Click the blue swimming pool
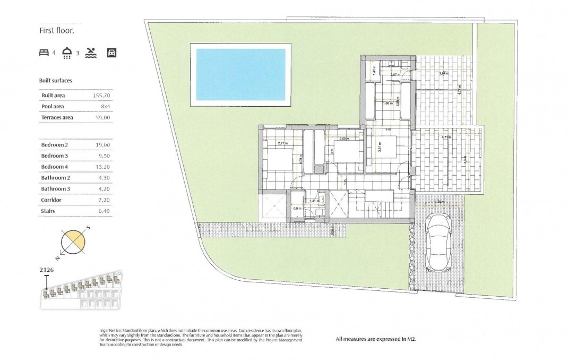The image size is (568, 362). click(x=240, y=74)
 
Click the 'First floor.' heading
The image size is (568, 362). click(x=57, y=31)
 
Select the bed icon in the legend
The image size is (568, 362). click(x=44, y=53)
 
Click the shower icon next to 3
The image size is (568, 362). click(x=67, y=53)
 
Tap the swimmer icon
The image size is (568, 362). click(x=91, y=52)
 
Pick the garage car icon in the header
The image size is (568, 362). click(x=111, y=53)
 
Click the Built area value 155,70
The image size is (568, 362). click(x=101, y=96)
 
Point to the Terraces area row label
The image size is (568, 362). click(x=57, y=118)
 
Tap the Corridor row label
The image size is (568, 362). click(x=51, y=200)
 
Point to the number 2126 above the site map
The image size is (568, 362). click(x=47, y=270)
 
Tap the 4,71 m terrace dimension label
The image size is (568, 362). click(x=446, y=137)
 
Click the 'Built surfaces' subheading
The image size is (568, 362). click(x=56, y=81)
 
